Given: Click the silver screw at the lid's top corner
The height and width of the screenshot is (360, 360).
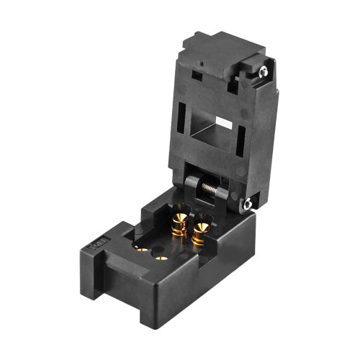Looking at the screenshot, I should [264, 71].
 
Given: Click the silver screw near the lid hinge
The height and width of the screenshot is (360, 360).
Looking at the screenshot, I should [248, 204].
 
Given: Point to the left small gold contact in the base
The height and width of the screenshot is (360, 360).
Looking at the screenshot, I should [142, 250].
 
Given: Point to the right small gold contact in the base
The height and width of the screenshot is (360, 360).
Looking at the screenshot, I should [161, 256].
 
